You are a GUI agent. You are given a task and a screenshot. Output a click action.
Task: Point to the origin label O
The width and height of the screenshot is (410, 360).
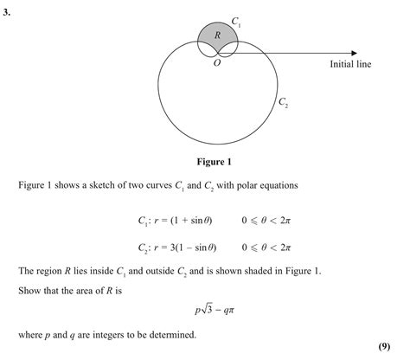pos(217,63)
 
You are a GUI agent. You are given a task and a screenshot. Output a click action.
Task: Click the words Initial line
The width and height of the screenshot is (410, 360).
pos(350,64)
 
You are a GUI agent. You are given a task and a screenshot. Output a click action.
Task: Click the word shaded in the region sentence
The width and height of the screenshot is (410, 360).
pos(268,271)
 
